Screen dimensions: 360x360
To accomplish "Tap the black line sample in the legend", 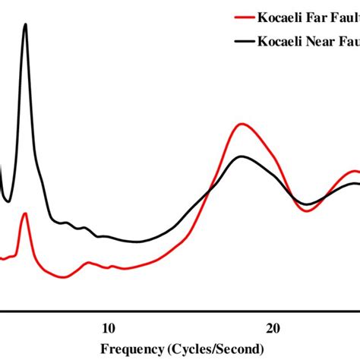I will [x=245, y=42].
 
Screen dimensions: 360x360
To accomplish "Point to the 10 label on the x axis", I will [x=108, y=328].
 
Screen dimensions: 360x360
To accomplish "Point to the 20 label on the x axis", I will [x=273, y=328].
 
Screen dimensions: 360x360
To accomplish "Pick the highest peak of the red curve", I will [x=242, y=123].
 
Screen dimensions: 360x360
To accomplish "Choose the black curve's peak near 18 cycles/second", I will [x=242, y=156].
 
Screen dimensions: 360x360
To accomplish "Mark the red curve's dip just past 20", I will [x=308, y=210].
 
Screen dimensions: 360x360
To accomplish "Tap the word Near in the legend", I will [x=319, y=42].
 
